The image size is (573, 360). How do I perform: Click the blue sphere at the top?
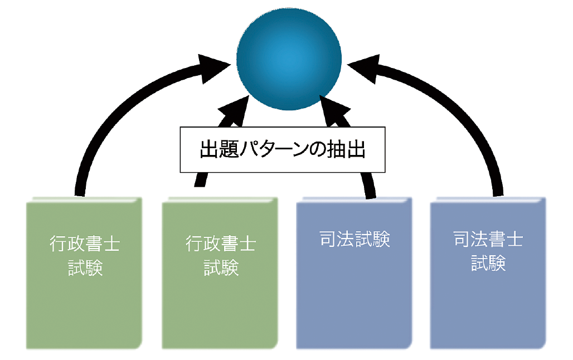289,57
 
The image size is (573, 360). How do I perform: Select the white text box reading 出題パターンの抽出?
283,149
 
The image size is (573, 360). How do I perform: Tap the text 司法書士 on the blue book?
488,240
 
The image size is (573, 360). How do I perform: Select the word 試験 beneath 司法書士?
488,263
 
